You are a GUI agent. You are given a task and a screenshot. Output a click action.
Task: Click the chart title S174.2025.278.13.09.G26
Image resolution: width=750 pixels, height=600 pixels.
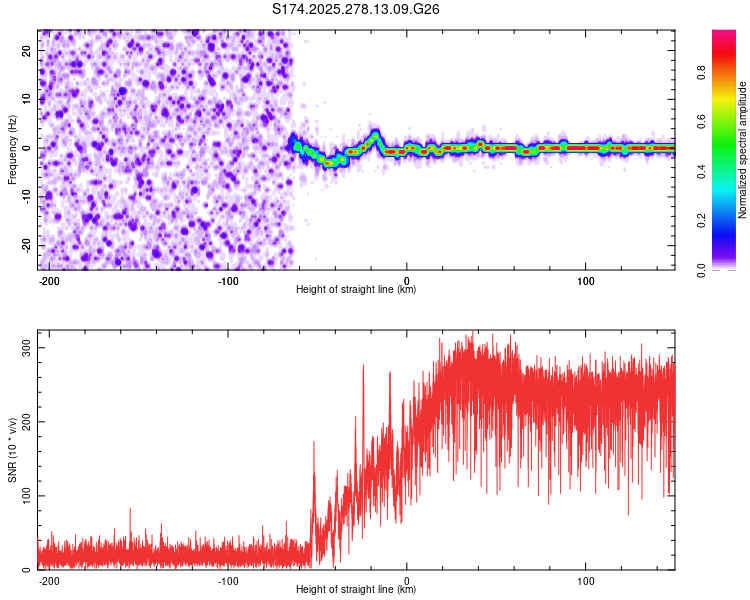(357, 9)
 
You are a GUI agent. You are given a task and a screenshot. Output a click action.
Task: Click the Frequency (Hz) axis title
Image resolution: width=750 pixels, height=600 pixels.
(13, 150)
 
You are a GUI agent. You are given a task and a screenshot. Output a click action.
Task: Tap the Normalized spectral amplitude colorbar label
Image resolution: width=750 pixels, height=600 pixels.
(743, 150)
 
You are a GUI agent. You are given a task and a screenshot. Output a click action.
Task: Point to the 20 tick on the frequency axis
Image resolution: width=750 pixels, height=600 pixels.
(28, 50)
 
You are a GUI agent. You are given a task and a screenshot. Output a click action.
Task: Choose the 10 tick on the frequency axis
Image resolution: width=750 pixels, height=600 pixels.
(28, 99)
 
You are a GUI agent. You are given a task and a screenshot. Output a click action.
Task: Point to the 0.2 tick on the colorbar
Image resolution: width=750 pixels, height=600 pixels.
(703, 221)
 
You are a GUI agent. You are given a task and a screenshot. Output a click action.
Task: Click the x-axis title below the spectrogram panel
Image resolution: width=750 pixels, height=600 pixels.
(356, 290)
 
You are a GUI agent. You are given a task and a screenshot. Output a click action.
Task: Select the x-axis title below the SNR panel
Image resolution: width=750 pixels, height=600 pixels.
(356, 590)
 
